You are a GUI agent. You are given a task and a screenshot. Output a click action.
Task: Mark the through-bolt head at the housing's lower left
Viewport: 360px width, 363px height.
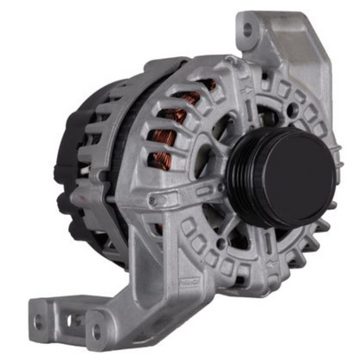coord(153,201)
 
